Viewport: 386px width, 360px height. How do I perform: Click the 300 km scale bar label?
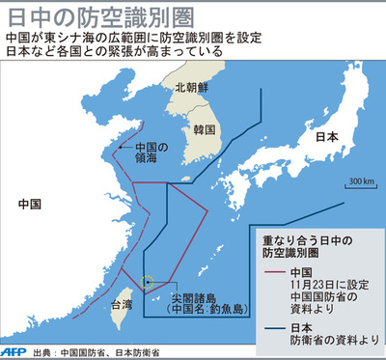[x=362, y=180]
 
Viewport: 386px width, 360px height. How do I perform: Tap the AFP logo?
[x=14, y=351]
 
